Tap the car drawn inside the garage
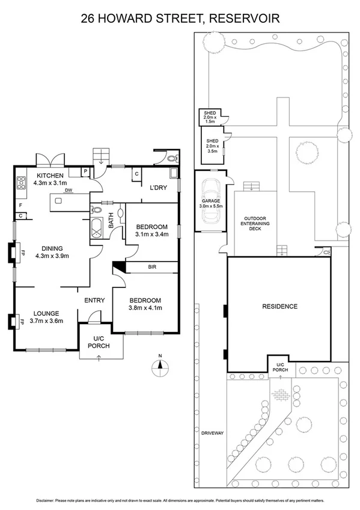pyautogui.click(x=212, y=205)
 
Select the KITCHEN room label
pyautogui.click(x=49, y=175)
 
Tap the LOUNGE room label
pyautogui.click(x=46, y=313)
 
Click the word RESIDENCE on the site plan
pyautogui.click(x=279, y=306)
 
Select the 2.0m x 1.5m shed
pyautogui.click(x=210, y=117)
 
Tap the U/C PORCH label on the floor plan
pyautogui.click(x=99, y=342)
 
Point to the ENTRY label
pyautogui.click(x=94, y=301)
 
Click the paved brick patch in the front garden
pyautogui.click(x=281, y=395)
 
